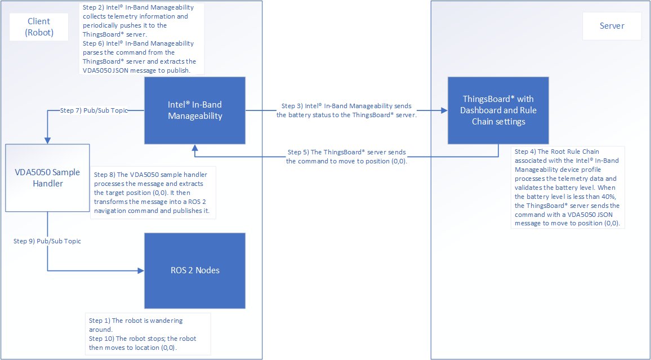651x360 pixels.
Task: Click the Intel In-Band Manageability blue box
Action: click(195, 110)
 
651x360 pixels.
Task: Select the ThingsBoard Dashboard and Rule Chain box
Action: click(498, 110)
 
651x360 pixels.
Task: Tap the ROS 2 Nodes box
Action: click(195, 270)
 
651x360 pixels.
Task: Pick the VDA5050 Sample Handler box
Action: click(48, 177)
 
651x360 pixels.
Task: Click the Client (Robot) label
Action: click(39, 27)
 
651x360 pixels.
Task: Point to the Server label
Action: click(612, 26)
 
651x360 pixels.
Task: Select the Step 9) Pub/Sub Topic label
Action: click(47, 241)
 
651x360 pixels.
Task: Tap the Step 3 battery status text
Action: click(346, 110)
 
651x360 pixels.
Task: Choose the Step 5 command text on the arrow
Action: click(346, 156)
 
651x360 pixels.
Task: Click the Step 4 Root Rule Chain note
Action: click(567, 187)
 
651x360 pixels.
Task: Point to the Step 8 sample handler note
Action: click(152, 193)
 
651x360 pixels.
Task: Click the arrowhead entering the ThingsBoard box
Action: click(444, 110)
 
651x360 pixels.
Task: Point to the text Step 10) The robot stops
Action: click(142, 339)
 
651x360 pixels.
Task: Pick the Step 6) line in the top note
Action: click(138, 43)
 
